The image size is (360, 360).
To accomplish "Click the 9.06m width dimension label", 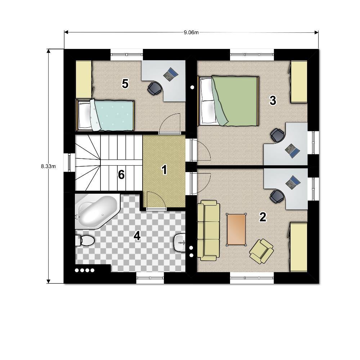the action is (x=191, y=32).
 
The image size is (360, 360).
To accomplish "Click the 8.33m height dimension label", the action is (x=48, y=166).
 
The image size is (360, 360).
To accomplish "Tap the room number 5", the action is (x=125, y=84).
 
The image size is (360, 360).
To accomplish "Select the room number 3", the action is (x=273, y=100).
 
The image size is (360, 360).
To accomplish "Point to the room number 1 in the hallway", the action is (x=164, y=170).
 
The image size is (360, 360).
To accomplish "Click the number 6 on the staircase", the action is (x=121, y=175).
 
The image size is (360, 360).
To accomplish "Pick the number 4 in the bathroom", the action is (x=137, y=236).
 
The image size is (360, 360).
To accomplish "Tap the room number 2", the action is (x=263, y=217).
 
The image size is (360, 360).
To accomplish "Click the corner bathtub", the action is (x=97, y=211).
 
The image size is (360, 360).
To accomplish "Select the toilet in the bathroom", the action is (x=85, y=240).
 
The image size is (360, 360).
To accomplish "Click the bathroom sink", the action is (x=180, y=242).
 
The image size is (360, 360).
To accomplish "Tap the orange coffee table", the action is (x=236, y=230).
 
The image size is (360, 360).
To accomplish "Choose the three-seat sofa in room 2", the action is (x=208, y=230).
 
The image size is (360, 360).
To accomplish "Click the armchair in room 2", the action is (x=261, y=251).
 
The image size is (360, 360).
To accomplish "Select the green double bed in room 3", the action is (x=228, y=101).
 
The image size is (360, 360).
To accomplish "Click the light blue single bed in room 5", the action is (x=105, y=115).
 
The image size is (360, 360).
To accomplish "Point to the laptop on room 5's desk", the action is (x=171, y=74).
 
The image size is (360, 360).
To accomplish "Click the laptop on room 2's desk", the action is (x=293, y=183).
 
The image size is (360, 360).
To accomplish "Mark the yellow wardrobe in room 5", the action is (x=84, y=80).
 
